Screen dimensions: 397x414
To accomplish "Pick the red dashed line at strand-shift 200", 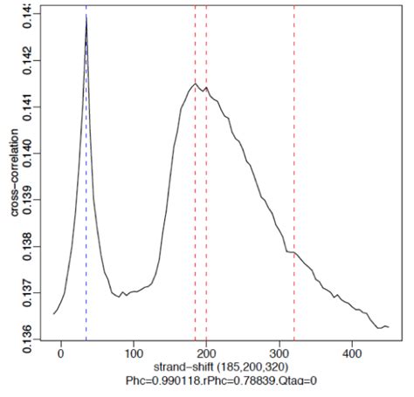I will point(206,218).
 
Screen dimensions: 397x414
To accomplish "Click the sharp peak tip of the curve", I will point(86,16).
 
